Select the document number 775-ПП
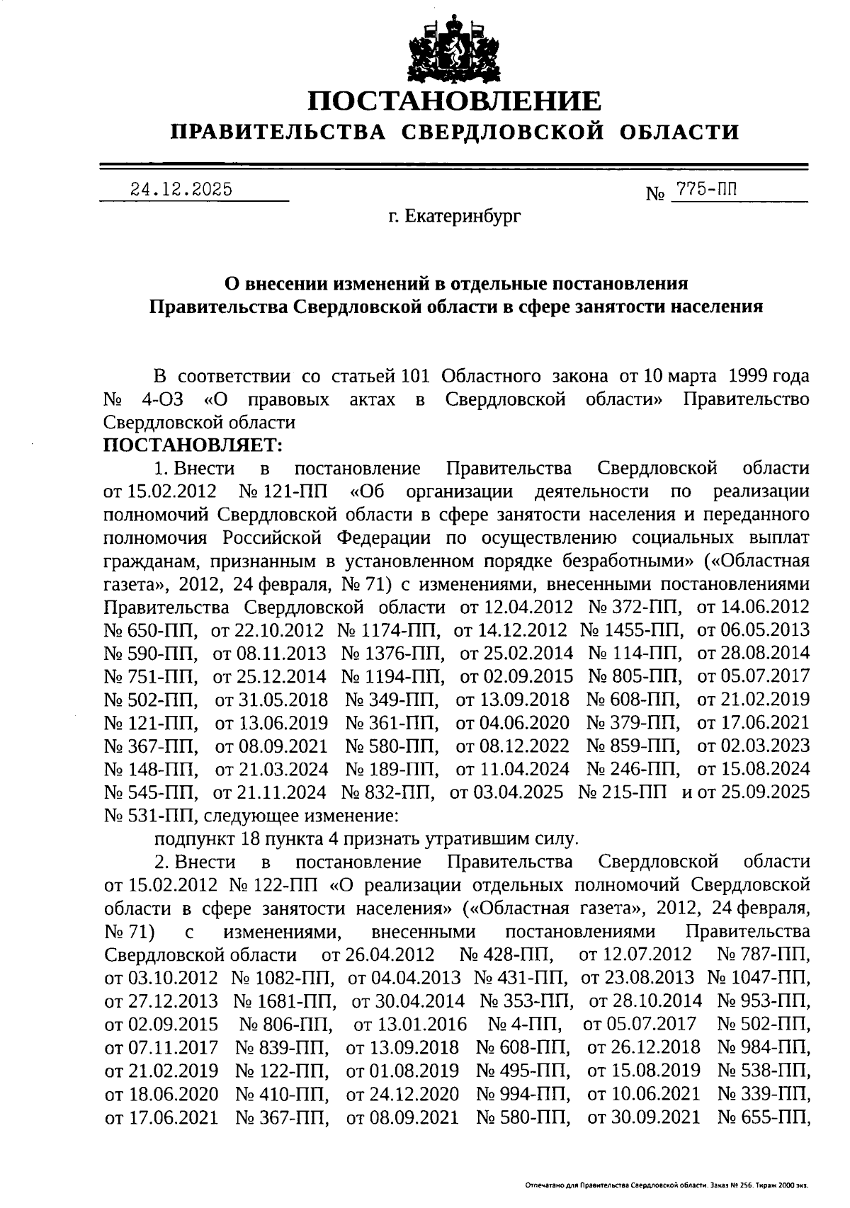click(x=706, y=189)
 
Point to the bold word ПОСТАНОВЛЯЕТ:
click(x=193, y=445)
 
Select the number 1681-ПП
click(x=285, y=1001)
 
